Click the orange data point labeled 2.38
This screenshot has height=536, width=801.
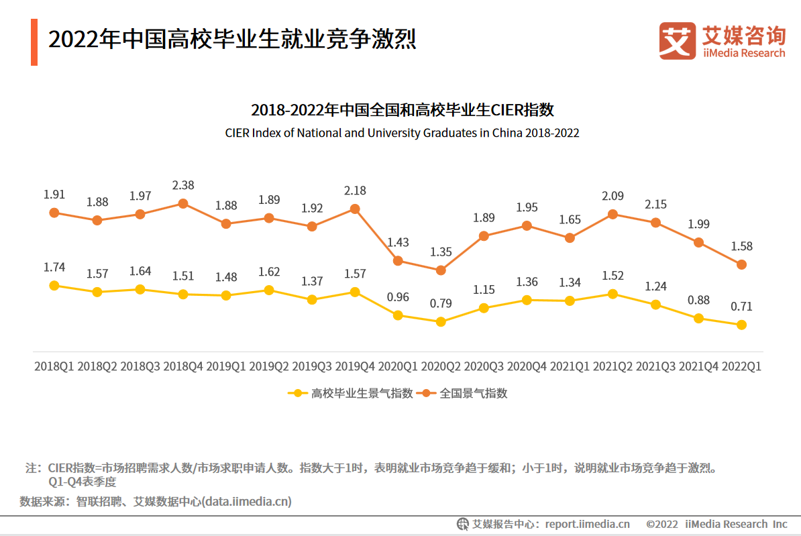183,203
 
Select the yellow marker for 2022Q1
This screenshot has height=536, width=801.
741,325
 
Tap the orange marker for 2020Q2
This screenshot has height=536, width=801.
441,270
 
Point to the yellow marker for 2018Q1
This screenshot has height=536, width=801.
54,285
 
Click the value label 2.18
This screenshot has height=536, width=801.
355,191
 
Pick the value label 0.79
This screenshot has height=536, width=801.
441,303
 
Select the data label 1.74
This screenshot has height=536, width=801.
54,267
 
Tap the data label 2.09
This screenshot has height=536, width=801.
612,196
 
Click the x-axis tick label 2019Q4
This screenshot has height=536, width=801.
355,367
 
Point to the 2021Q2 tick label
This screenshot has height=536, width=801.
612,367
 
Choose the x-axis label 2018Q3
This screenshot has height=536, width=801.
140,367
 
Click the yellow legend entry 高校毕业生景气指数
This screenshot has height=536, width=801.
352,393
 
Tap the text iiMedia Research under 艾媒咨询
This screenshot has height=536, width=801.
743,53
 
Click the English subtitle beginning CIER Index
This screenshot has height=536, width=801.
402,133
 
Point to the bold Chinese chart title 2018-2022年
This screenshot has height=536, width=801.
402,110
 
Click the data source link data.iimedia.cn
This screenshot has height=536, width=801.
247,501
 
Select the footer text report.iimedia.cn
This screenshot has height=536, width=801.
587,524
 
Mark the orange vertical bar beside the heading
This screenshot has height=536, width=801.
34,42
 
